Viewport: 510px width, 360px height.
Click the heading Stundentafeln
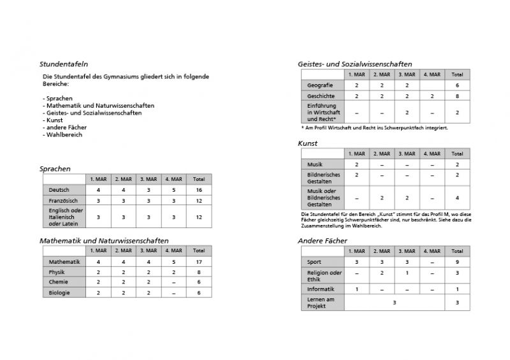[x=64, y=64]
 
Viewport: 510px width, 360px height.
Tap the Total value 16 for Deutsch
[x=199, y=190]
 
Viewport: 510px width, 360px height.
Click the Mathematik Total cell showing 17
[x=199, y=262]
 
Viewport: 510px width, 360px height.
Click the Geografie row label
[x=319, y=85]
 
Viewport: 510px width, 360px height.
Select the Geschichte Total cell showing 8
[x=457, y=96]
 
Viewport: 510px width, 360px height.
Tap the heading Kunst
[x=307, y=143]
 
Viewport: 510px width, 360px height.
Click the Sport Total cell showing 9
[x=457, y=262]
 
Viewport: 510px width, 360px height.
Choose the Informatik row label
[x=321, y=289]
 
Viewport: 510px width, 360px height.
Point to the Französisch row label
[x=62, y=200]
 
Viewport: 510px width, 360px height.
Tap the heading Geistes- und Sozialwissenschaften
[x=354, y=64]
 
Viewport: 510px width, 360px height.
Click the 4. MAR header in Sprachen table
[x=173, y=179]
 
